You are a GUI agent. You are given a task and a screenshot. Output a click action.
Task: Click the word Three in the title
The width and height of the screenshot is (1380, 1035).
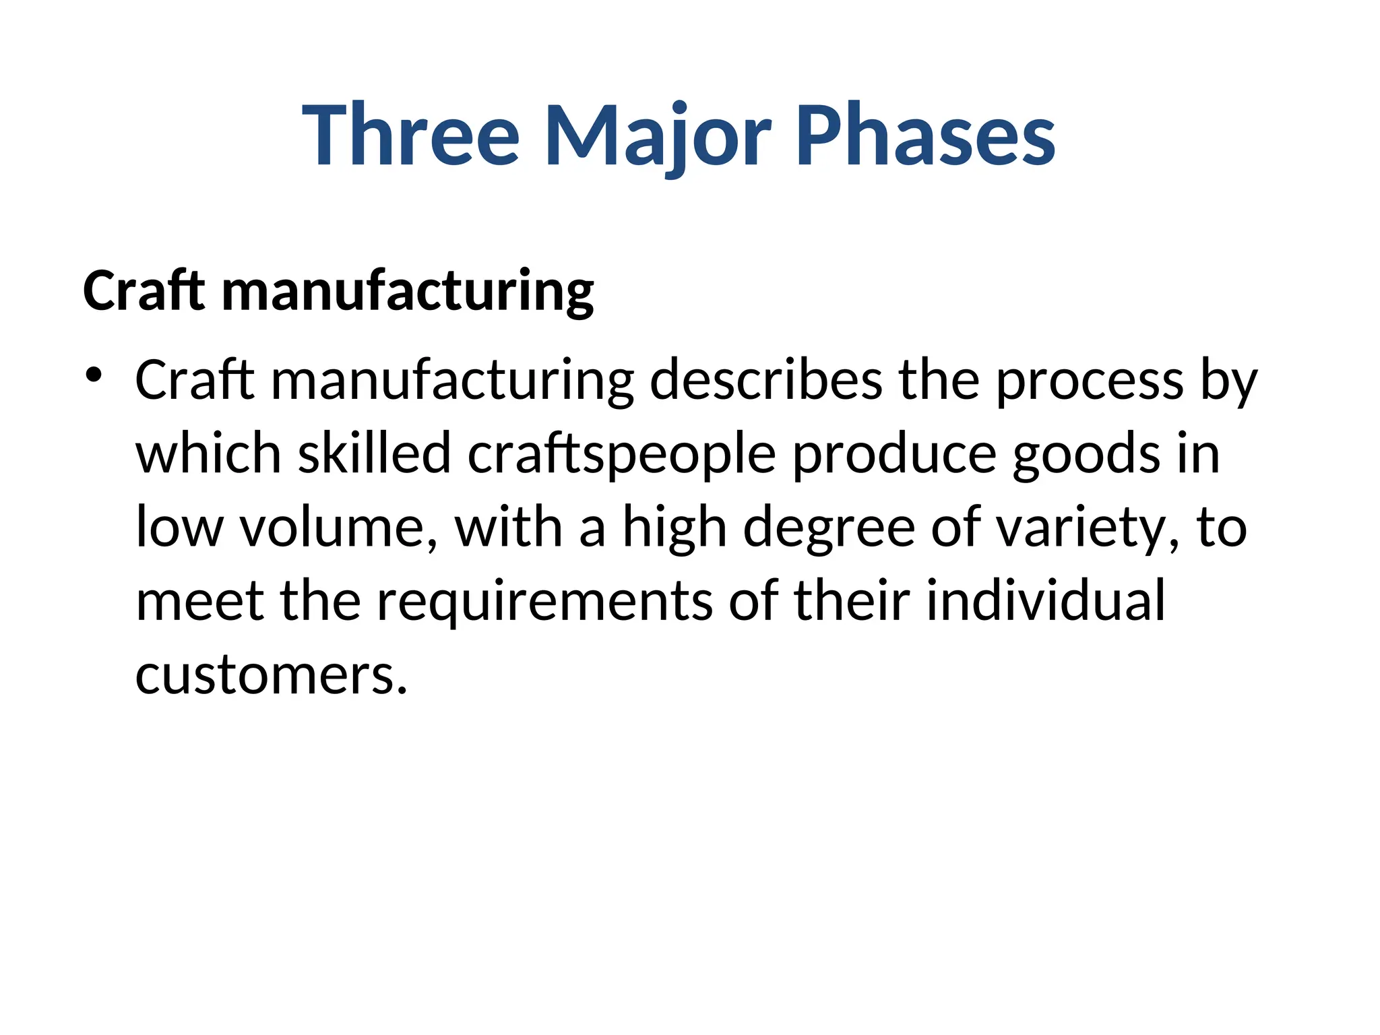tap(411, 135)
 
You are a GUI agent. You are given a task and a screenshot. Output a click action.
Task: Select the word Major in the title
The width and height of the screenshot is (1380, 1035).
tap(658, 135)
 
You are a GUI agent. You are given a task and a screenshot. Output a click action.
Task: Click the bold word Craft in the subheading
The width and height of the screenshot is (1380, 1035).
tap(144, 290)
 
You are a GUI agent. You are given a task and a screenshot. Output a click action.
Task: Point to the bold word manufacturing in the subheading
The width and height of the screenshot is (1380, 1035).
tap(408, 292)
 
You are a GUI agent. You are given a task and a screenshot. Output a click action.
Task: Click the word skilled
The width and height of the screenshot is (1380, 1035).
tap(374, 453)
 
